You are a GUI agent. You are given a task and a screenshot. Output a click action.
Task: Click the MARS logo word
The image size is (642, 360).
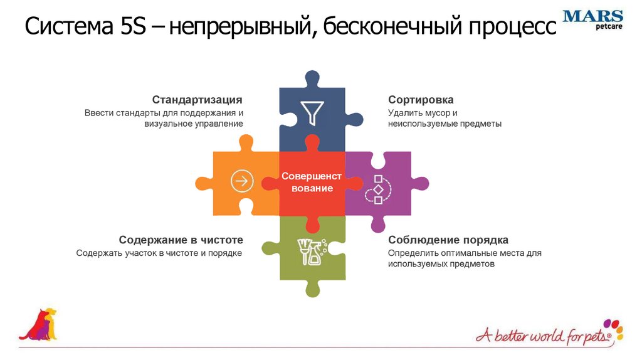pyautogui.click(x=592, y=16)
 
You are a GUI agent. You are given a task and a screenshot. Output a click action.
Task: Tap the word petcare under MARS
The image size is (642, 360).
pyautogui.click(x=608, y=26)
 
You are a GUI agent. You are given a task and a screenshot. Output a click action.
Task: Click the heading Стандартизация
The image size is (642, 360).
pyautogui.click(x=197, y=100)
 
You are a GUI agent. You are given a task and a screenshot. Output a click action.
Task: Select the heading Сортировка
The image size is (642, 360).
pyautogui.click(x=421, y=100)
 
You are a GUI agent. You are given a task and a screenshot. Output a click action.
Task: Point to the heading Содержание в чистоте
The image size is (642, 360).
pyautogui.click(x=181, y=240)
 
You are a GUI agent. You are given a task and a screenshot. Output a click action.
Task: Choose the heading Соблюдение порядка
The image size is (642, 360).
pyautogui.click(x=448, y=240)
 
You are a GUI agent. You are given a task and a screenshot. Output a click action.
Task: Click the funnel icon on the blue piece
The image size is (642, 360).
pyautogui.click(x=312, y=112)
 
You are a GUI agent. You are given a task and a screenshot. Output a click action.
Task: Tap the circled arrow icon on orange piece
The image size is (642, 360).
pyautogui.click(x=241, y=181)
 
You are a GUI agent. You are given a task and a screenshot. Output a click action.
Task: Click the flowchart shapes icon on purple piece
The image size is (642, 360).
pyautogui.click(x=378, y=189)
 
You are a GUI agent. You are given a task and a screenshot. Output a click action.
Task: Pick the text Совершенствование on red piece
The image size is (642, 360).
pyautogui.click(x=312, y=182)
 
